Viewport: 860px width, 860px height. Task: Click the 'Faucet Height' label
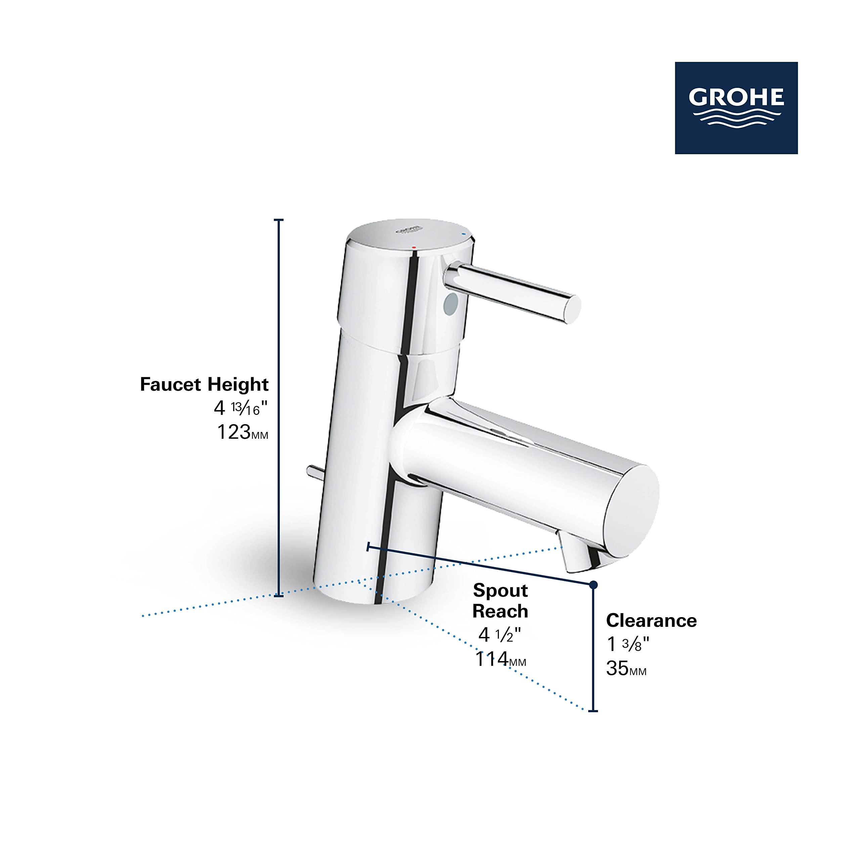point(204,384)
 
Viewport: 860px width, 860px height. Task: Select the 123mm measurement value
point(242,432)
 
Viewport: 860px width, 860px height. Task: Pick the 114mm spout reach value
point(500,659)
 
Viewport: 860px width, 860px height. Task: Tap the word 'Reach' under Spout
point(500,611)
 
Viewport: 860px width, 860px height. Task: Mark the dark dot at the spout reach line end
point(593,585)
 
